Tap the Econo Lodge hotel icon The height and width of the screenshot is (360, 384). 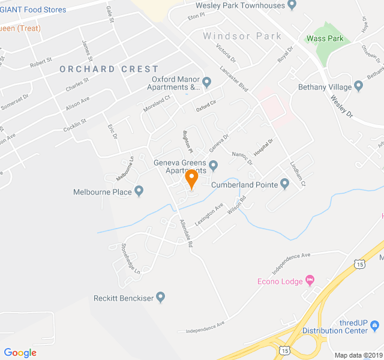310,280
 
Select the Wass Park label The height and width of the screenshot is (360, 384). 325,38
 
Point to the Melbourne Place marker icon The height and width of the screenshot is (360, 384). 139,192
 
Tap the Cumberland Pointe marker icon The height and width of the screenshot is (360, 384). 284,185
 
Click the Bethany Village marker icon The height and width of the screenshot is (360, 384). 359,86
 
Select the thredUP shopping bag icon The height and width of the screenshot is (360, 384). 375,326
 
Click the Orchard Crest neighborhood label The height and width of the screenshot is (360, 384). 109,69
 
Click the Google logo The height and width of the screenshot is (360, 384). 20,352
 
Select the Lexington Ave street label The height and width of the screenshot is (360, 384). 208,214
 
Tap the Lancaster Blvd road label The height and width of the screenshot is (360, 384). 234,79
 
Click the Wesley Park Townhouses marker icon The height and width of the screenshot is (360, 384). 292,5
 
